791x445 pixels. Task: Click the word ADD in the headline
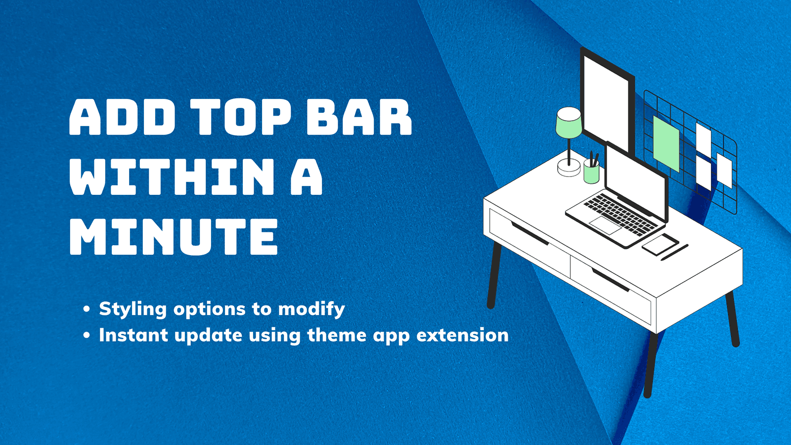[x=122, y=117]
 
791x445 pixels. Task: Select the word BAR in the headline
[x=359, y=117]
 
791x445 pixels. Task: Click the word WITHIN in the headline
[x=172, y=177]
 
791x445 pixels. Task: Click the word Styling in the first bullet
[x=132, y=309]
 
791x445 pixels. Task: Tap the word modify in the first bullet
[x=311, y=309]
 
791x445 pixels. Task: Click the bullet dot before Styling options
[x=87, y=310]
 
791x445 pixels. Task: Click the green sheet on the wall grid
[x=666, y=143]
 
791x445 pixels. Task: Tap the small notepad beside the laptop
[x=660, y=244]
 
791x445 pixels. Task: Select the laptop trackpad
[x=605, y=225]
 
